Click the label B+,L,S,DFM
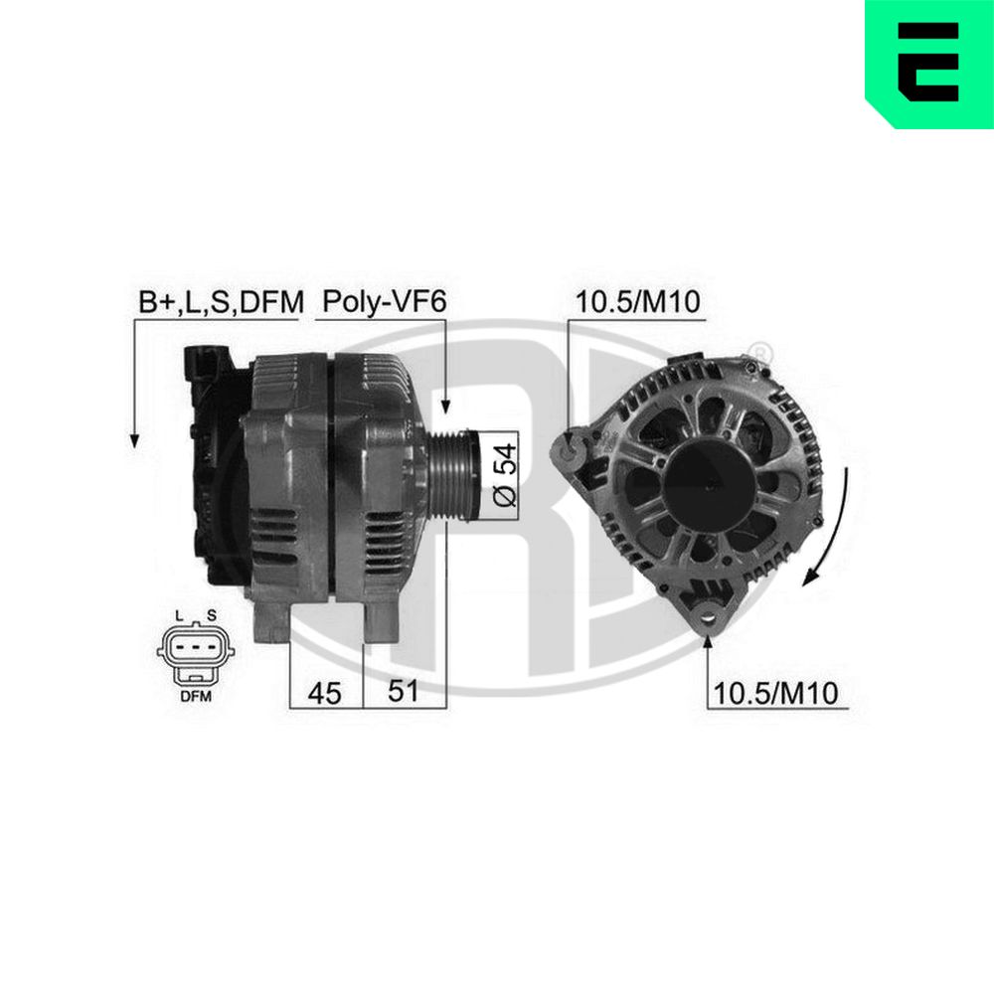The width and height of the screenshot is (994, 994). (x=222, y=302)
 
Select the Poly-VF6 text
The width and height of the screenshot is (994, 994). (x=384, y=302)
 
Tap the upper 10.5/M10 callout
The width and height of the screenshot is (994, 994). (x=638, y=302)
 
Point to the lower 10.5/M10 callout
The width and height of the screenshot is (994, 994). (x=776, y=693)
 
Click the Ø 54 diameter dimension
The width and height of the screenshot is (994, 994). (x=505, y=475)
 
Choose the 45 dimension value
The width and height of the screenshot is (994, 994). (x=325, y=693)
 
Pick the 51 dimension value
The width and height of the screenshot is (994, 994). (x=404, y=691)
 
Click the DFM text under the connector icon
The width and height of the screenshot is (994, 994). (x=196, y=697)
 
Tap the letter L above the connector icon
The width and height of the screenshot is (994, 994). (x=179, y=615)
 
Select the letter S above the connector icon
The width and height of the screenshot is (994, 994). (x=212, y=615)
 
